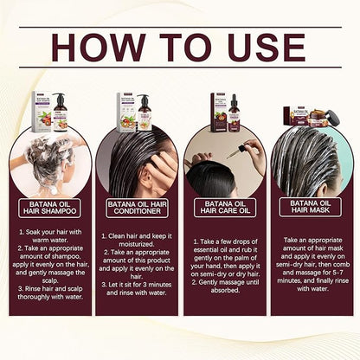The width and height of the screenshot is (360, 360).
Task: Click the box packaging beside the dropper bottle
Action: (x=215, y=108)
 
